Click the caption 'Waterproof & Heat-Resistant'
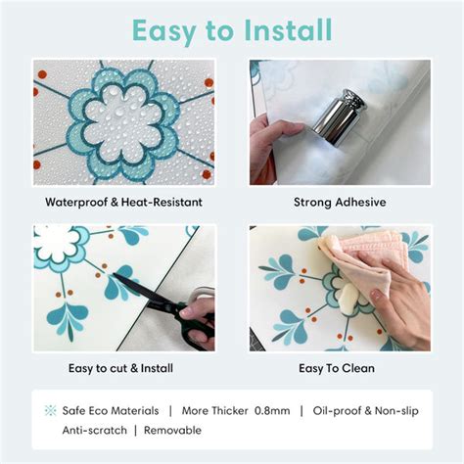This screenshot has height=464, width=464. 123,203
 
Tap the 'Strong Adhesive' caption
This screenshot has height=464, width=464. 340,203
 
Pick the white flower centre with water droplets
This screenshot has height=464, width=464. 121,122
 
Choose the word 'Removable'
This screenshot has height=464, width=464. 172,430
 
